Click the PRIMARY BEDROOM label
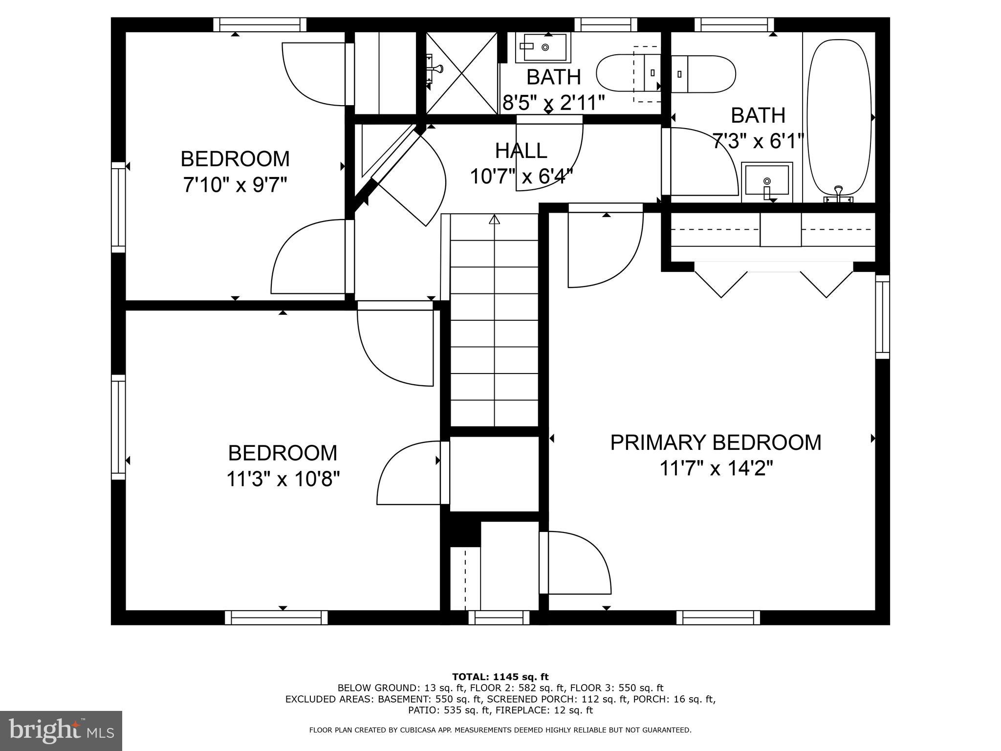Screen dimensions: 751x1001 [x=716, y=442]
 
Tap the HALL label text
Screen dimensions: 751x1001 [x=521, y=151]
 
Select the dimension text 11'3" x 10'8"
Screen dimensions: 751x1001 [x=283, y=479]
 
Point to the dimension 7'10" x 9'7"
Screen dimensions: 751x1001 [x=235, y=185]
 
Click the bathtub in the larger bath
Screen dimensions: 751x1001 [x=839, y=117]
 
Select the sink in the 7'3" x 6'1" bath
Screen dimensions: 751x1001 [x=766, y=181]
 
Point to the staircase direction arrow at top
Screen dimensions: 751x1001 [x=495, y=220]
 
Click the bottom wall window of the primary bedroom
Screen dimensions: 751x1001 [x=718, y=618]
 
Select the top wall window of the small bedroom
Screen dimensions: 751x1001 [x=260, y=24]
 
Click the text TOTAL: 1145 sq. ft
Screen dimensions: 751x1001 [x=500, y=677]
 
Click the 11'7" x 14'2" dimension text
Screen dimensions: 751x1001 [x=716, y=469]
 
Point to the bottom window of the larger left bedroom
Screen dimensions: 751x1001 [x=276, y=618]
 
